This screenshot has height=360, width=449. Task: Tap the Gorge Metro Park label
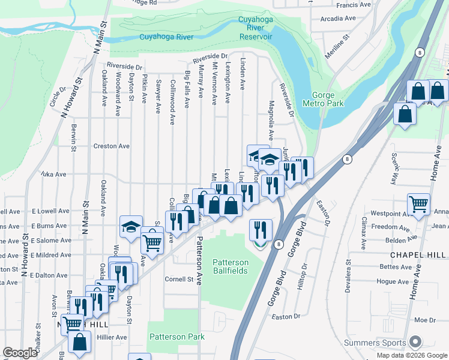click(x=328, y=99)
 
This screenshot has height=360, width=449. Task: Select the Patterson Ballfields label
click(x=231, y=266)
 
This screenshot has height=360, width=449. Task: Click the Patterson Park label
click(x=177, y=337)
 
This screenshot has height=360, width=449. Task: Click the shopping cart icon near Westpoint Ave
click(x=418, y=204)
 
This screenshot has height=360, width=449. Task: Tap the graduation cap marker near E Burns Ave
click(x=131, y=226)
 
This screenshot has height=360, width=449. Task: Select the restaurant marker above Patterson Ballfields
click(x=261, y=229)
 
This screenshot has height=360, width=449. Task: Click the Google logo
click(x=20, y=353)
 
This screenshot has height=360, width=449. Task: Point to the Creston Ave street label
click(x=111, y=146)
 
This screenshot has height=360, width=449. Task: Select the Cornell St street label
click(x=179, y=279)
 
